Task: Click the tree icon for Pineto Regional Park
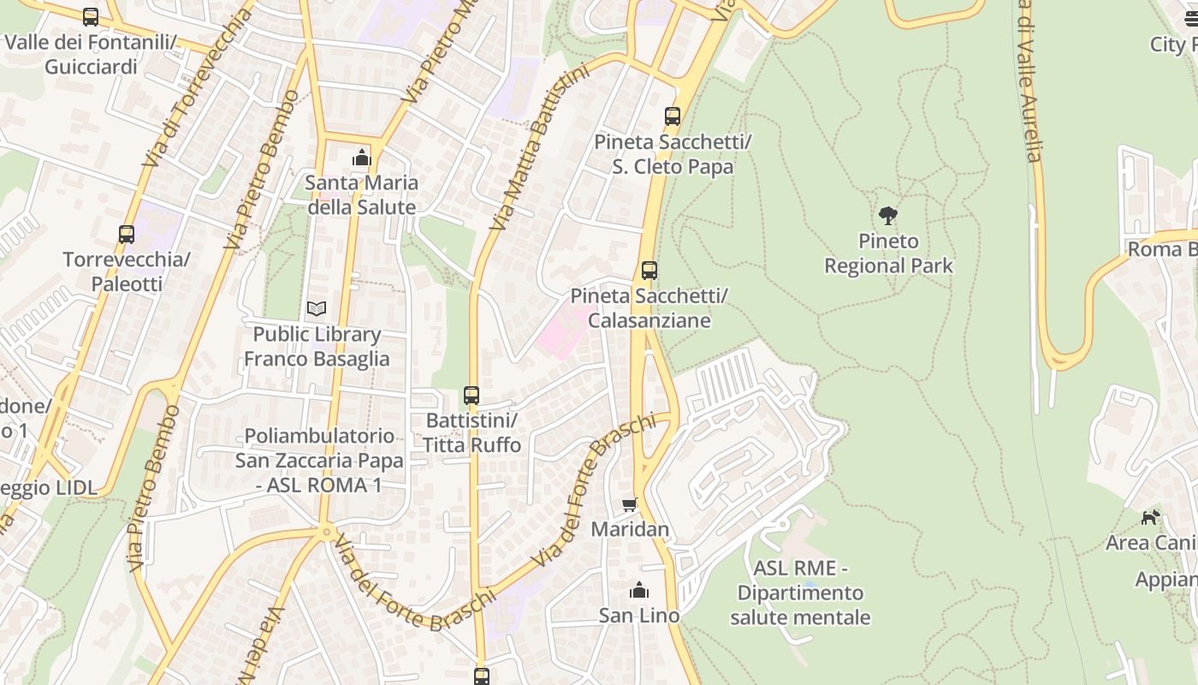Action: pos(888,215)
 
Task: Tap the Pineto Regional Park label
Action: pos(888,253)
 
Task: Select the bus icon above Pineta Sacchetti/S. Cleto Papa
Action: pos(673,116)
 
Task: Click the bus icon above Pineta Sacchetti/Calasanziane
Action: pos(649,271)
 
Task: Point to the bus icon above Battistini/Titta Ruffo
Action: pos(471,396)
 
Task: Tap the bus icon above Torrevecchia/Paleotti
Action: pos(127,234)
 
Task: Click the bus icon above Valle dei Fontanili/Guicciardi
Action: pos(91,16)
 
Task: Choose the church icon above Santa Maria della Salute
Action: pos(362,158)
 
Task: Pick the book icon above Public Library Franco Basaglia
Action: pos(317,308)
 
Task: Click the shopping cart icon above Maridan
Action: pos(630,505)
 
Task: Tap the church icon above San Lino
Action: pos(639,590)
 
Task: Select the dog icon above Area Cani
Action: pos(1151,517)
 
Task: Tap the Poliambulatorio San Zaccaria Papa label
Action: pos(319,461)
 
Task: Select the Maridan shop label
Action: pos(630,529)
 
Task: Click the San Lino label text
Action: pos(639,615)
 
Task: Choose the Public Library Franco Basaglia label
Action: pos(317,346)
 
